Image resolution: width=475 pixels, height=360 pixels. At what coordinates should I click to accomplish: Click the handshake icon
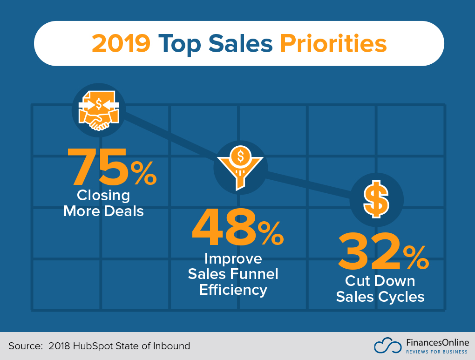(x=99, y=110)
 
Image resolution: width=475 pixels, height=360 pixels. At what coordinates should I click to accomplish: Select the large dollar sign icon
(x=376, y=200)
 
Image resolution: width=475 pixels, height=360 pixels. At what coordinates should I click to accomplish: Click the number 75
(x=99, y=166)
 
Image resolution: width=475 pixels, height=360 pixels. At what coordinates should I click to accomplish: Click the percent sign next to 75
(x=143, y=173)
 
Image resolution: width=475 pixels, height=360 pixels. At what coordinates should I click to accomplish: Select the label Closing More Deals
(x=103, y=203)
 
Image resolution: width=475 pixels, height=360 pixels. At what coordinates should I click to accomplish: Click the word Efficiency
(x=233, y=290)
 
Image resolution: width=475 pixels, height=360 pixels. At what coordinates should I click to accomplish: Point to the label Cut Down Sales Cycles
(x=380, y=289)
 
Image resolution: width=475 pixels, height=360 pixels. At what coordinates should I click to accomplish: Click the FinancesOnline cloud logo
(x=387, y=346)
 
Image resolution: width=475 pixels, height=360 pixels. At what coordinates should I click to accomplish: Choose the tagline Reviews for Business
(x=437, y=352)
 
